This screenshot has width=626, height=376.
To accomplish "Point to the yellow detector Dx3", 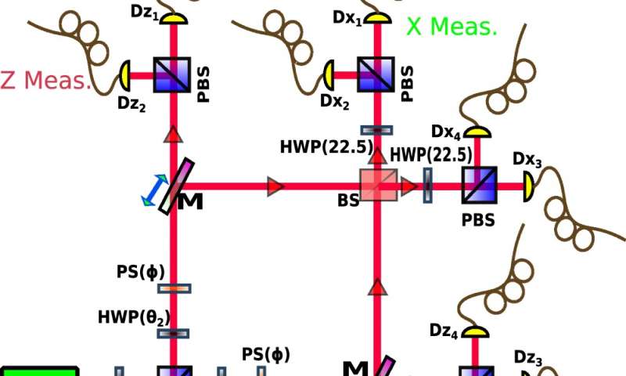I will [528, 186].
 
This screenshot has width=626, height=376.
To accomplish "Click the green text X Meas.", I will [452, 28].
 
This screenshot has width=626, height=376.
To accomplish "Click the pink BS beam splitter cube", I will [377, 186].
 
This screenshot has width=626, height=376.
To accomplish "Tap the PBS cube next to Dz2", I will [171, 75].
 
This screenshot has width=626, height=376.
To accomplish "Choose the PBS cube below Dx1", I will [378, 75].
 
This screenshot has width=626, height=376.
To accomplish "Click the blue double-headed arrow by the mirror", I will [154, 190].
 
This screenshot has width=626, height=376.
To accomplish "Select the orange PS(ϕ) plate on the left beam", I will [174, 288].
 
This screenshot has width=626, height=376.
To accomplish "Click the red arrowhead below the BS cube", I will [378, 287].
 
